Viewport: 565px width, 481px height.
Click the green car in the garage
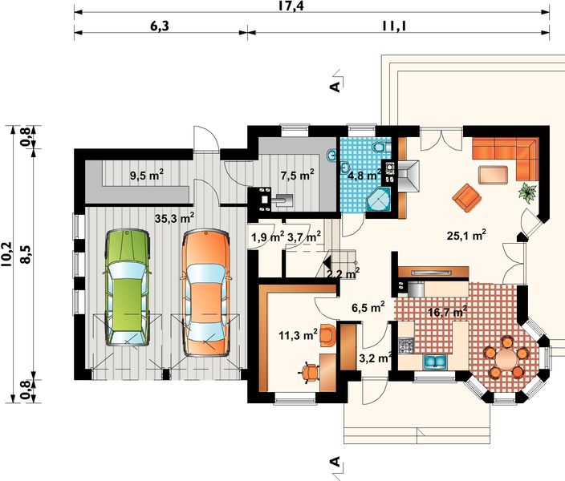[127, 287]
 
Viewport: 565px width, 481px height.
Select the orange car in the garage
[206, 293]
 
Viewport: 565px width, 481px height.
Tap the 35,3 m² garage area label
[174, 218]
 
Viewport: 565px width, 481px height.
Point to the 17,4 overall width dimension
[291, 6]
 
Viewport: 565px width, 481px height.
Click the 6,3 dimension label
[159, 26]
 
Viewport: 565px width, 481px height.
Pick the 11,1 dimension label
[395, 26]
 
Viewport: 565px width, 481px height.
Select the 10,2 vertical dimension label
[6, 253]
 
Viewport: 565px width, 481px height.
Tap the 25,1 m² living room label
[466, 235]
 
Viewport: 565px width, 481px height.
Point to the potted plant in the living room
[527, 192]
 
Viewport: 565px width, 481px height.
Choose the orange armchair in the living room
[467, 197]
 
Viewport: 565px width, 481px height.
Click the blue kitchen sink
[435, 362]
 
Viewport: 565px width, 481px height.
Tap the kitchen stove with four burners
[406, 346]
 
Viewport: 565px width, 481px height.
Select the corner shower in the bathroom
[378, 200]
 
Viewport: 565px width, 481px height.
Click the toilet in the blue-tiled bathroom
[380, 147]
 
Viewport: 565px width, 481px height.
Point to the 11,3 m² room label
[298, 335]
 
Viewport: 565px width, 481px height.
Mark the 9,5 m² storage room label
[146, 176]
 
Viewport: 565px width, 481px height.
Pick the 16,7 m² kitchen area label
[448, 312]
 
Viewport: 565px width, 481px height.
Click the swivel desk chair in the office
[311, 372]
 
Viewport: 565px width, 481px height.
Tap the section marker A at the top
[335, 87]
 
